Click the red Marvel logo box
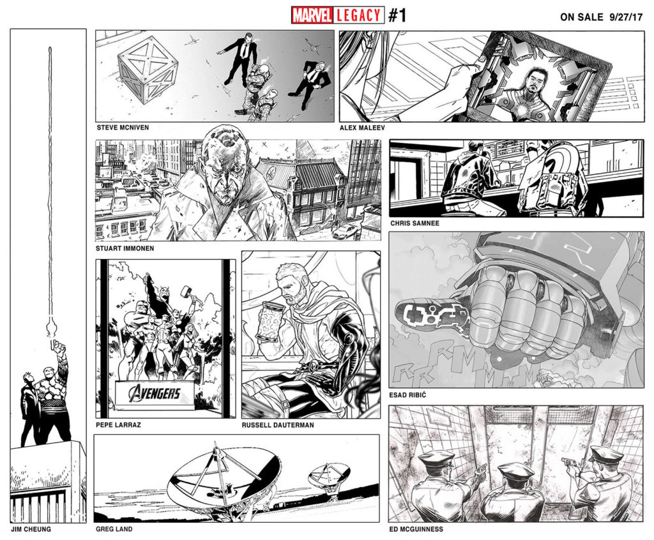(x=312, y=15)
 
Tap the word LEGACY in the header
(x=358, y=15)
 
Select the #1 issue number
(x=397, y=15)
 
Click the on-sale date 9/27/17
(x=626, y=17)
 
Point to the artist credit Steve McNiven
(x=123, y=128)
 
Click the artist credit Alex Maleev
(x=362, y=128)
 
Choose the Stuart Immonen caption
(x=125, y=248)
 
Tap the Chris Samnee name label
(x=414, y=223)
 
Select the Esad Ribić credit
(x=407, y=394)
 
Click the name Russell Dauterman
(x=278, y=425)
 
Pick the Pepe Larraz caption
(x=118, y=425)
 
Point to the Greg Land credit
(x=114, y=529)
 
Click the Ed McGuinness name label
(x=416, y=529)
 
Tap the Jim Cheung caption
(x=31, y=529)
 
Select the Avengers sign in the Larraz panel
(x=155, y=393)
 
